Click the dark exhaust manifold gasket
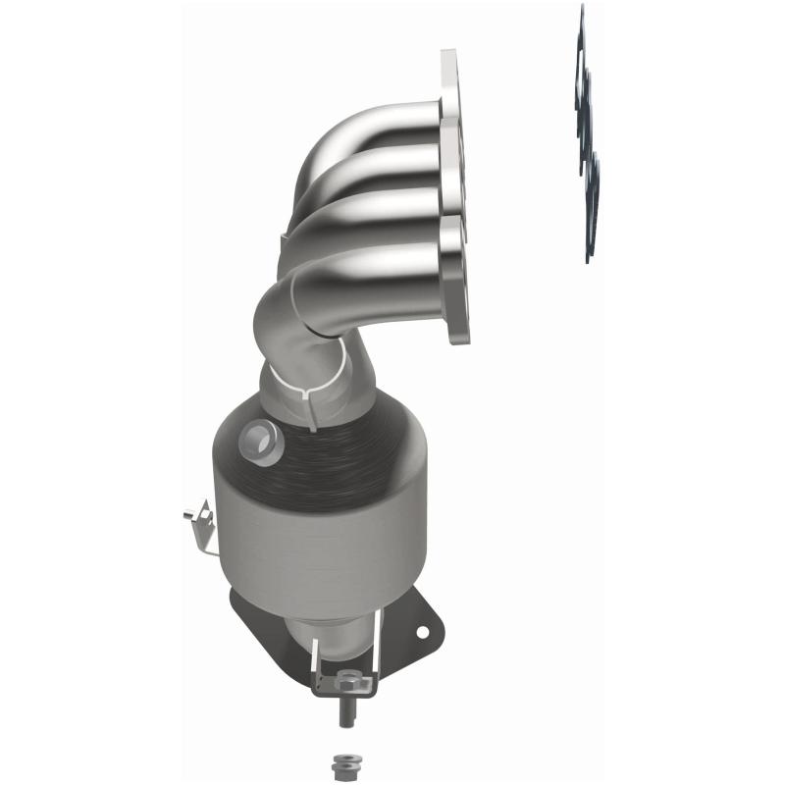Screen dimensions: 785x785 coord(587,137)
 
